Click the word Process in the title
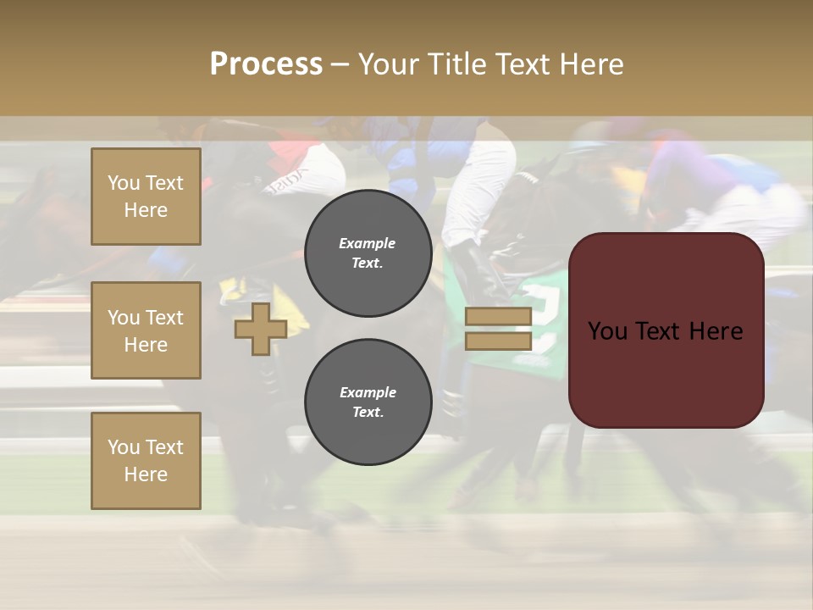pos(266,64)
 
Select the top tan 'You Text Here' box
pos(146,197)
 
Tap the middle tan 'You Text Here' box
pos(146,330)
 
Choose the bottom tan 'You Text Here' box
pos(146,461)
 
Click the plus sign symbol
pos(261,329)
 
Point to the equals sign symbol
pos(498,329)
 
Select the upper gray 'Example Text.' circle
pos(368,253)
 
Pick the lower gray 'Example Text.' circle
pos(368,402)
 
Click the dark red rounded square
pos(666,330)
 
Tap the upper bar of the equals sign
pos(498,317)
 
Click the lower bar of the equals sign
pos(498,341)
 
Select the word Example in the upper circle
pos(367,243)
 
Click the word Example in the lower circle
pos(368,392)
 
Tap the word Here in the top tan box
pos(146,210)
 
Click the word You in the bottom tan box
pos(124,447)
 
